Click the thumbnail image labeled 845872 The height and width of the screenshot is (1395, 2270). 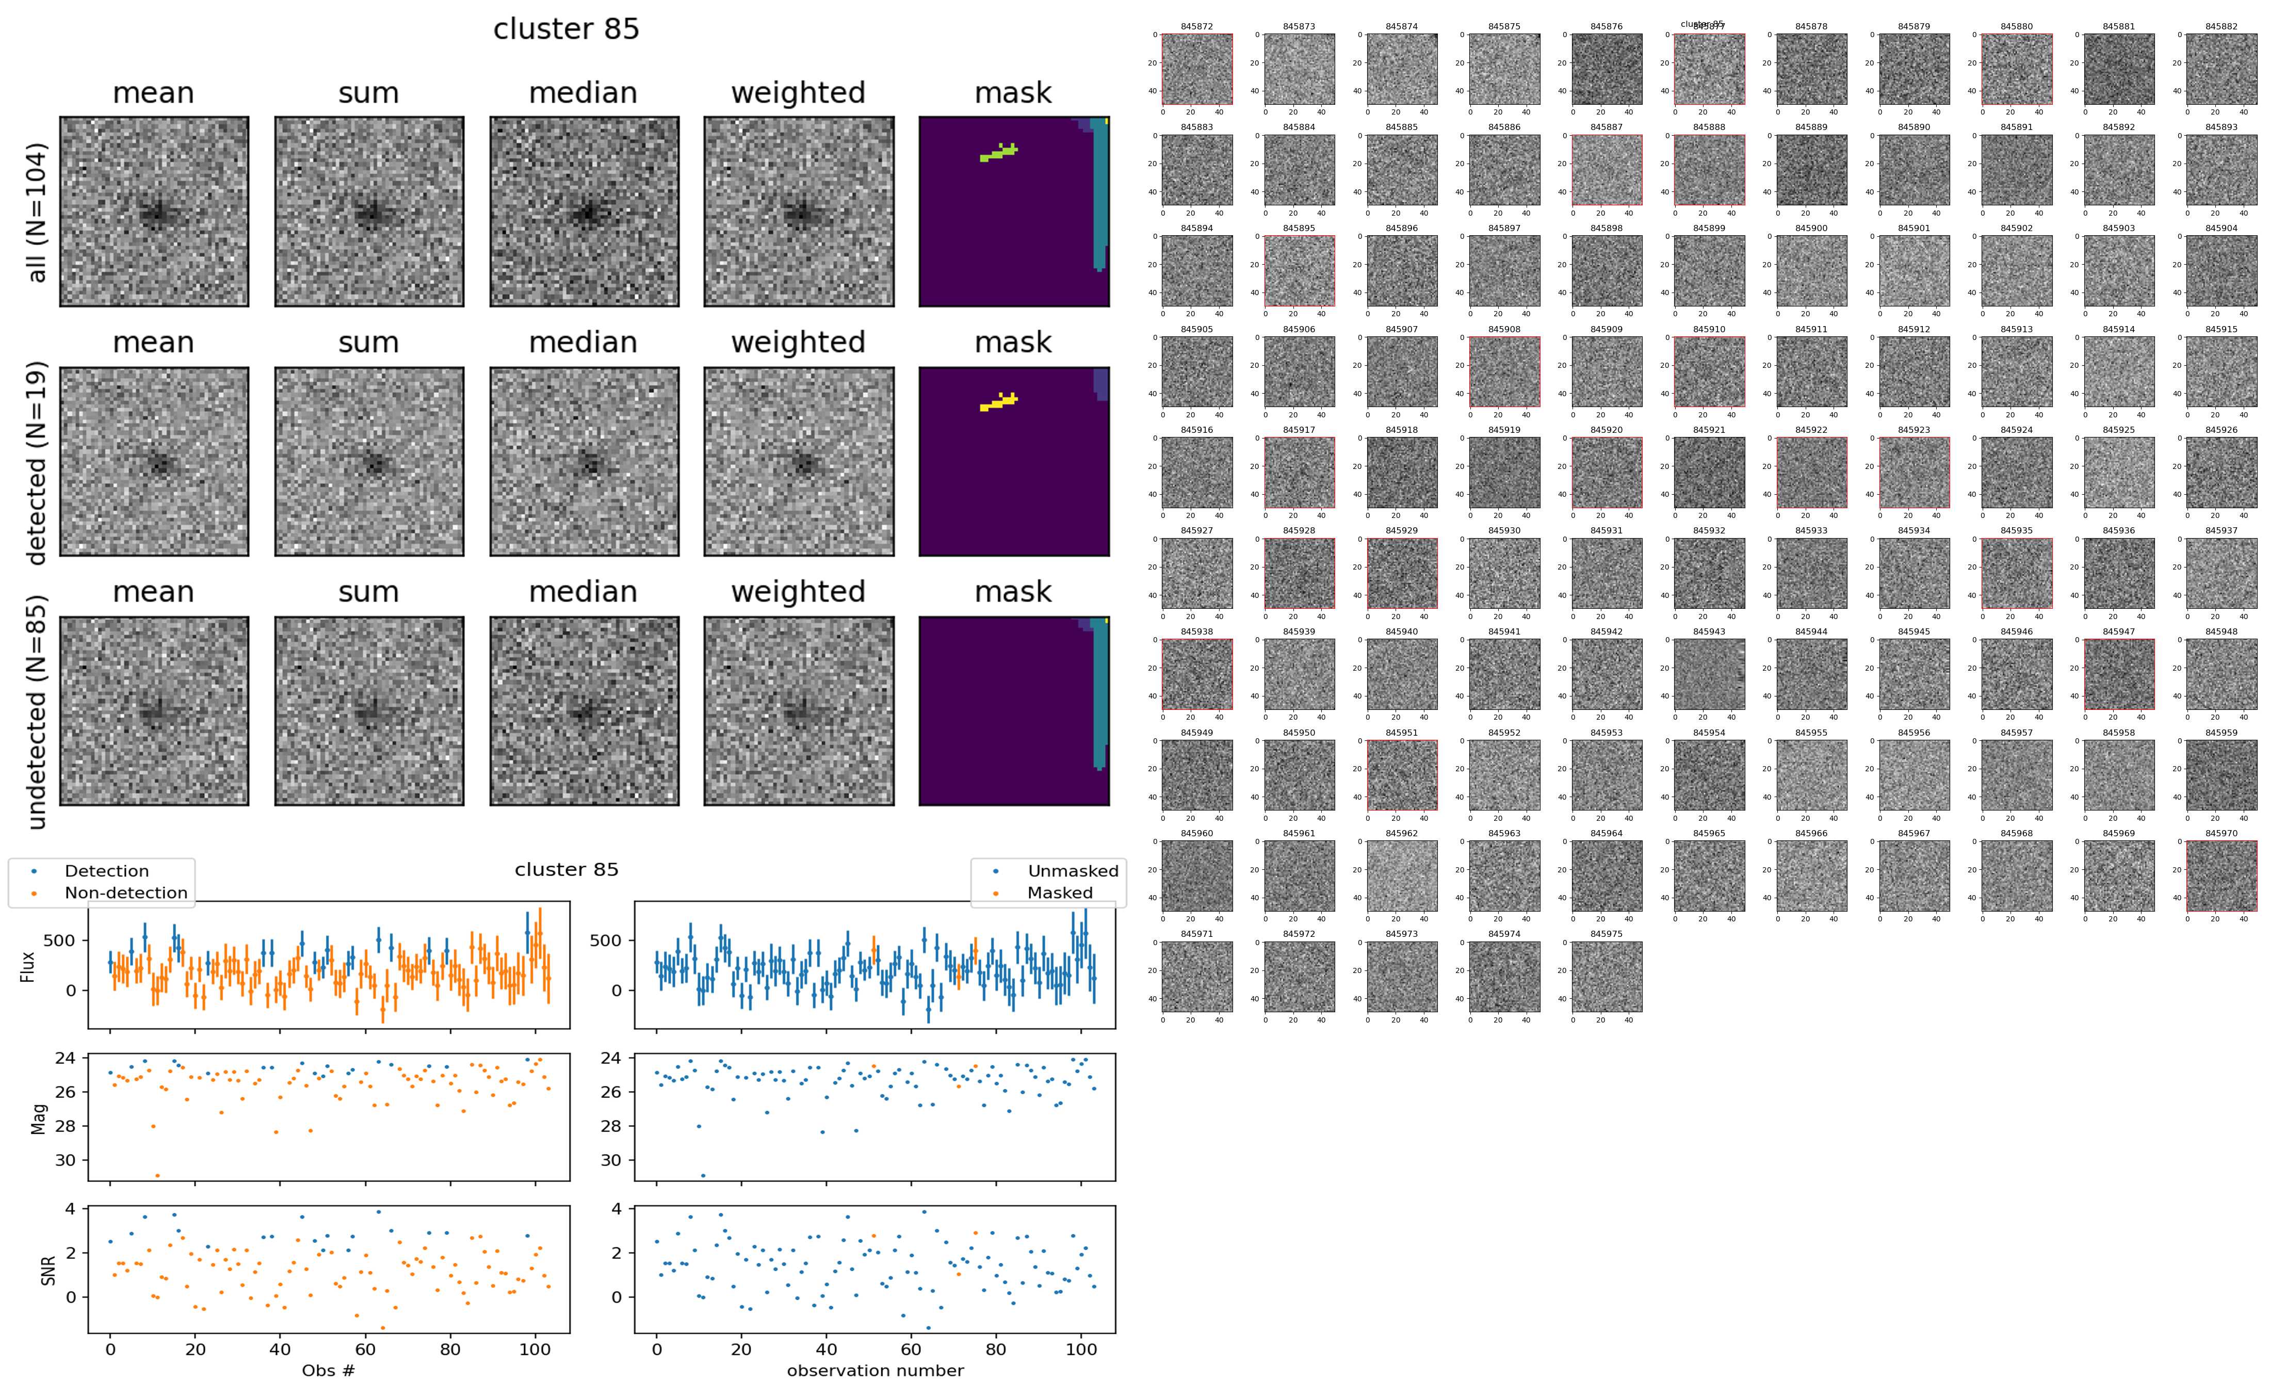pos(1196,69)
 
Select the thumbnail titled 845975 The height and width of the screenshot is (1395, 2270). pos(1606,976)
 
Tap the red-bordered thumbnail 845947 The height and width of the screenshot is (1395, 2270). pos(2119,674)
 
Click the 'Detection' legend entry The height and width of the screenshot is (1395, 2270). pos(106,871)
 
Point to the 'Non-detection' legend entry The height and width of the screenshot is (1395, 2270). pos(125,892)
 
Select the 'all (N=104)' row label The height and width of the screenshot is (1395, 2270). pos(37,212)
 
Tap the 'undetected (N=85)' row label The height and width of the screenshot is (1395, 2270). pos(37,711)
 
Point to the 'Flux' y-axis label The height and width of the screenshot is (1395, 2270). pos(28,966)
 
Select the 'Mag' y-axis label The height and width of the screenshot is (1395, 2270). pos(39,1118)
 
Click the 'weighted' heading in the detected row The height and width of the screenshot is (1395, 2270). pos(798,342)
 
